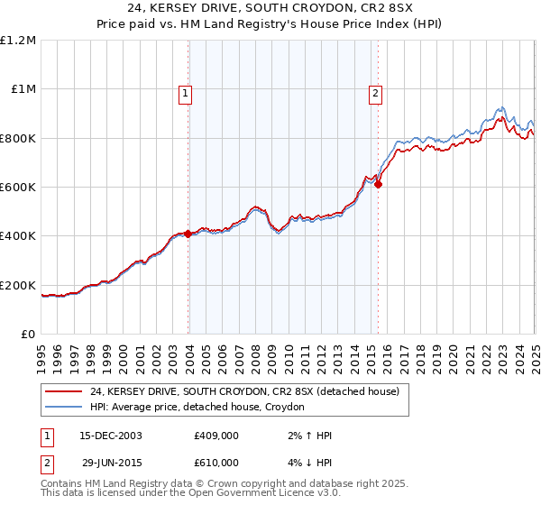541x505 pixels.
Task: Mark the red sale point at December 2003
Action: [x=188, y=234]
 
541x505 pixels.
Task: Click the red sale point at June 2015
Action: [x=378, y=185]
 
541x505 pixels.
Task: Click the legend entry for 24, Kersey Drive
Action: [x=244, y=391]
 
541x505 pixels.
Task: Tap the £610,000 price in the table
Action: [x=216, y=463]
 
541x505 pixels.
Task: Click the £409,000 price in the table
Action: [x=216, y=436]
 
